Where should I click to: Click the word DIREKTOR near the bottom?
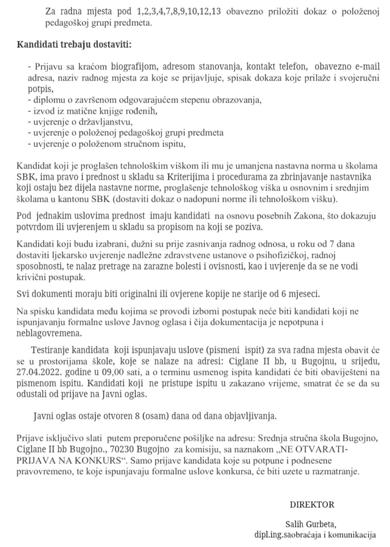[x=312, y=504]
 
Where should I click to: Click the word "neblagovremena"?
[x=49, y=333]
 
